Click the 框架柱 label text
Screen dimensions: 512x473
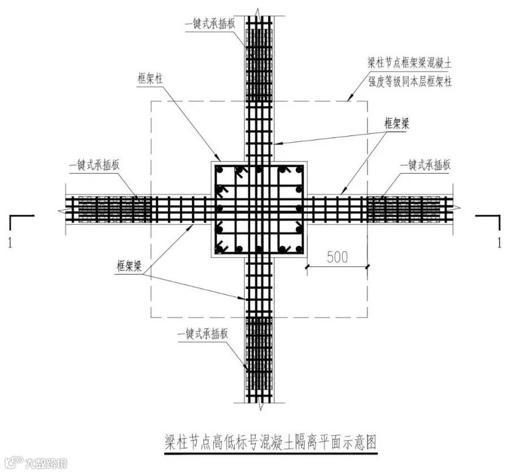tap(150, 80)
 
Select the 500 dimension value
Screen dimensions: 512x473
tap(337, 256)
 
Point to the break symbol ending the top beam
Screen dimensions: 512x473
tap(257, 12)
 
